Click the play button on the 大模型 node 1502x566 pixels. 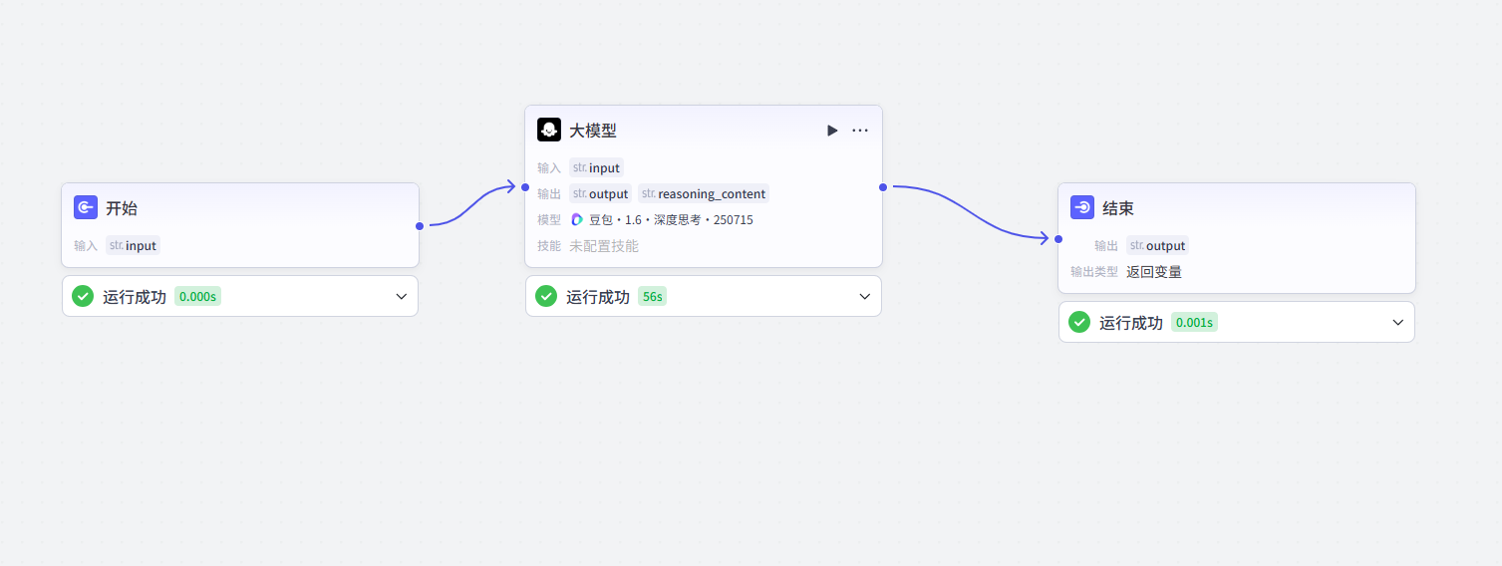(832, 131)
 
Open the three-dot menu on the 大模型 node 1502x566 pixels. (859, 131)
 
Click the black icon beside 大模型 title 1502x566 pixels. (549, 130)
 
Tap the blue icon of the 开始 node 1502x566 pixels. (86, 207)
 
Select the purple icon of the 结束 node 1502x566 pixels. (1082, 207)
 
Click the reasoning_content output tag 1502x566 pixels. (704, 193)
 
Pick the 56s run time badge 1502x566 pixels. (653, 296)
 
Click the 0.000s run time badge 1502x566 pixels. (197, 296)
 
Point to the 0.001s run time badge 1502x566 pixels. (1194, 323)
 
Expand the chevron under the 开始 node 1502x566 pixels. (401, 296)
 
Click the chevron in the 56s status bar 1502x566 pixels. (864, 296)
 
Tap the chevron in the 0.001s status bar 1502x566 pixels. (1397, 323)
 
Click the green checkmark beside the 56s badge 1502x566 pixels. (546, 296)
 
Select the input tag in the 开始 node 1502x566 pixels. (133, 245)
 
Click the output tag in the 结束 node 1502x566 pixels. (1157, 245)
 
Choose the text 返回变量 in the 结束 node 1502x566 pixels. (1154, 272)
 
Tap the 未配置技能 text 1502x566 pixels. (603, 246)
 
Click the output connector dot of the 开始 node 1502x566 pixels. (420, 226)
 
